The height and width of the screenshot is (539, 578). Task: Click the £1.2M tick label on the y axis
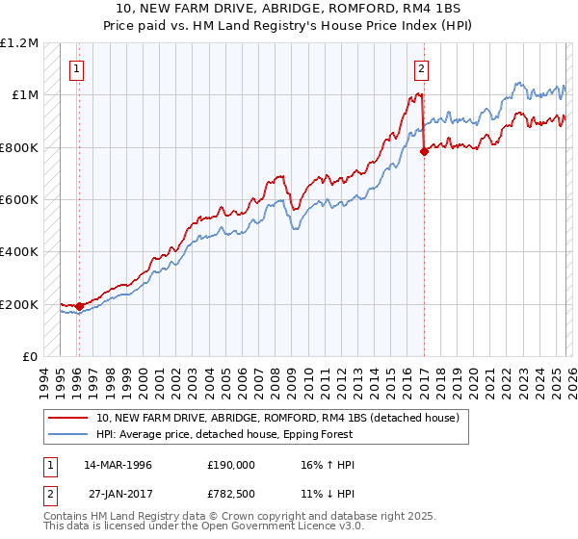(19, 43)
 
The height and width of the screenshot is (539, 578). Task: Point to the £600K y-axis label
(19, 200)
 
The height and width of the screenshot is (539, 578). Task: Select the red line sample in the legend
(68, 418)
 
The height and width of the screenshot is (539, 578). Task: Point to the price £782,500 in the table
(231, 492)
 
